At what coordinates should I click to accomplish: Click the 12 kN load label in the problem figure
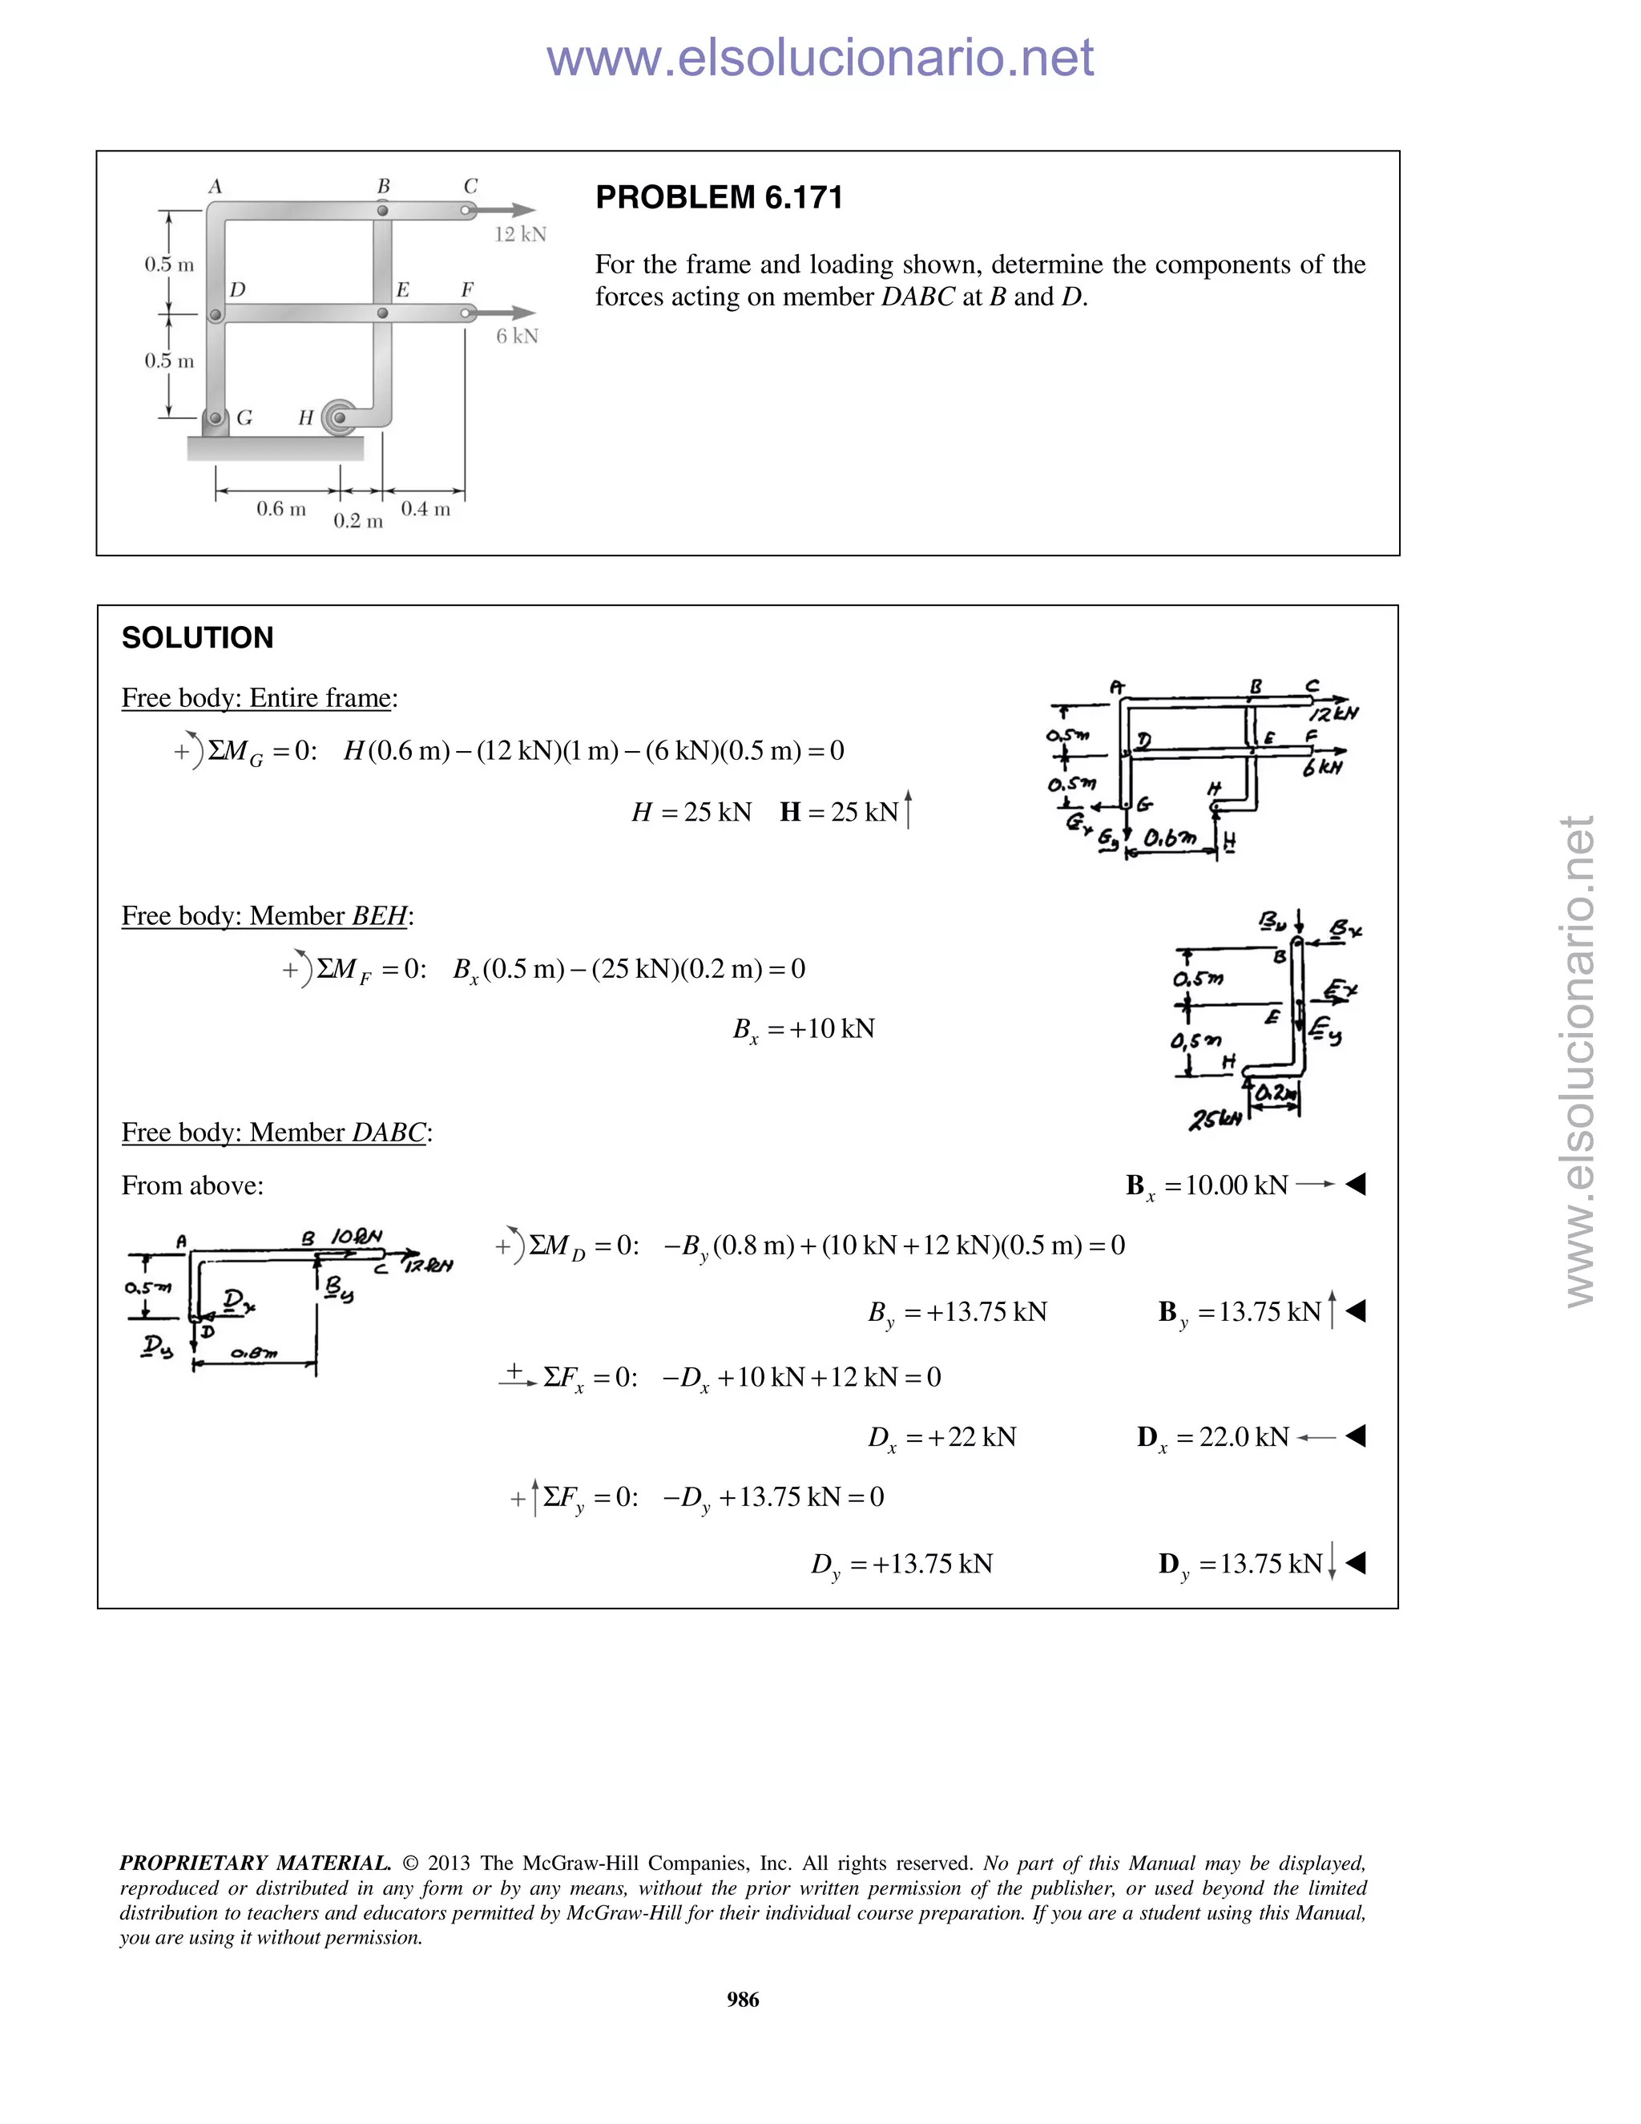[x=520, y=234]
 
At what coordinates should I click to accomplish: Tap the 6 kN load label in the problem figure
[x=516, y=337]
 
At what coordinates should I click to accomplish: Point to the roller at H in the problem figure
[x=338, y=419]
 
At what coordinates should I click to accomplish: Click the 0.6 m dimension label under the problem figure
[x=281, y=509]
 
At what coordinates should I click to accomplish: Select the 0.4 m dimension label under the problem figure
[x=425, y=509]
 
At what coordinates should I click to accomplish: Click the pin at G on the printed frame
[x=215, y=418]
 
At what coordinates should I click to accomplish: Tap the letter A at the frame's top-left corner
[x=216, y=186]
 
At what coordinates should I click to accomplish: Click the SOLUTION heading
[x=197, y=638]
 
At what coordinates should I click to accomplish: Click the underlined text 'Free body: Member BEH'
[x=265, y=916]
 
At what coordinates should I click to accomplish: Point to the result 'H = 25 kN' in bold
[x=839, y=812]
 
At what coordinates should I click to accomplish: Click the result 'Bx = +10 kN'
[x=803, y=1029]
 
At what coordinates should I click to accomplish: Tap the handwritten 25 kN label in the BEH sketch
[x=1216, y=1120]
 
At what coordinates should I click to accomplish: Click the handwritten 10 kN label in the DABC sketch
[x=357, y=1237]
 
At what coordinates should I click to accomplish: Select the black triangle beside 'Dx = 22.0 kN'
[x=1357, y=1436]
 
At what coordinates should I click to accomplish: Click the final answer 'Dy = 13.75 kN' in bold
[x=1240, y=1564]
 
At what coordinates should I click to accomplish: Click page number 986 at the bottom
[x=743, y=2000]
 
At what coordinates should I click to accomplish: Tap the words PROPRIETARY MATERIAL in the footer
[x=255, y=1864]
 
